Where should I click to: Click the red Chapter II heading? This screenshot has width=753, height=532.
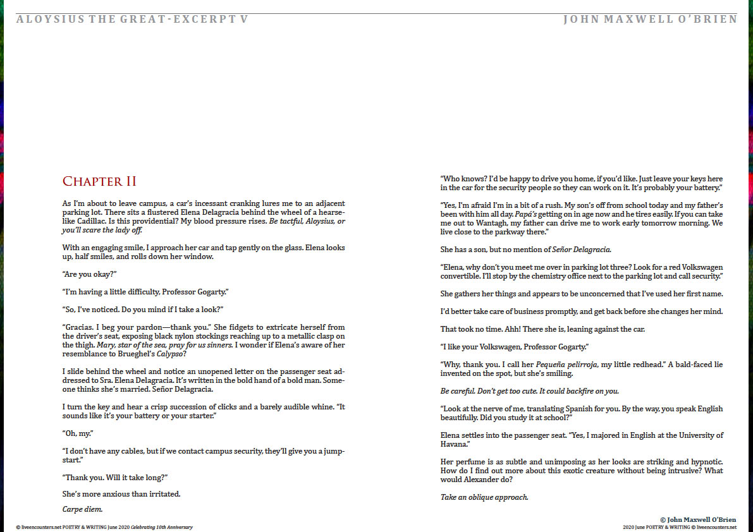(x=99, y=182)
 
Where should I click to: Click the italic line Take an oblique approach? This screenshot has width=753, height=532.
(x=484, y=497)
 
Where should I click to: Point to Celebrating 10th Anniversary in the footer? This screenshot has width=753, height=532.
(x=162, y=527)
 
